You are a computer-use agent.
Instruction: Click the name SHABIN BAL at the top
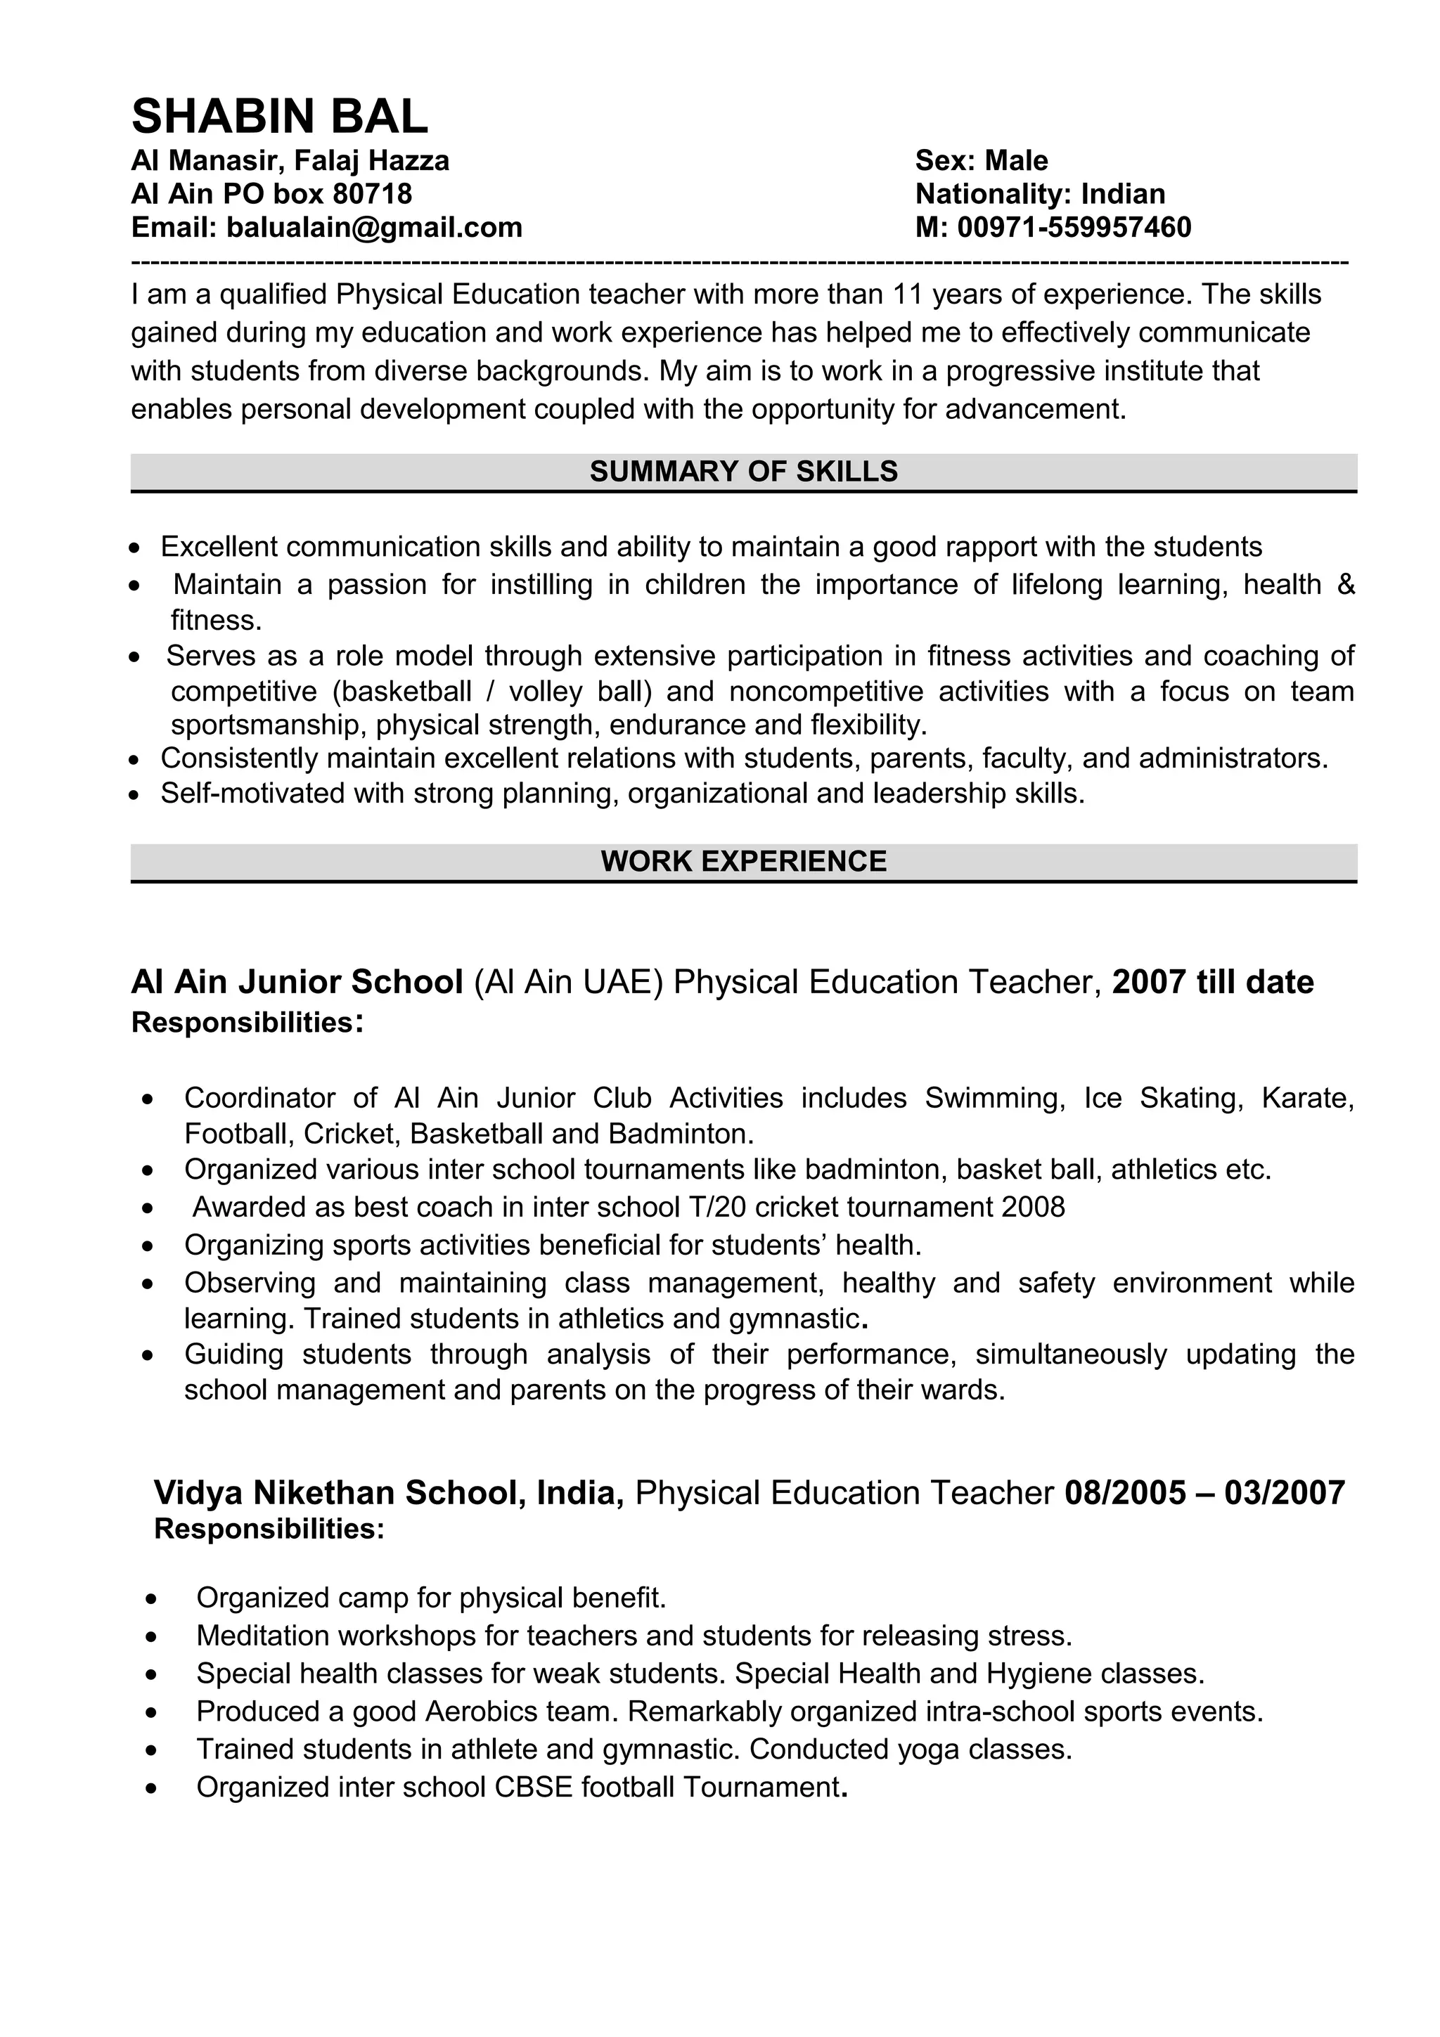point(279,116)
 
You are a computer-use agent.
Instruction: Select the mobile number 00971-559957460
point(1074,228)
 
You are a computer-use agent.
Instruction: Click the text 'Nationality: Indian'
point(1040,194)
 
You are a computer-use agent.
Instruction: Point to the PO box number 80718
point(372,194)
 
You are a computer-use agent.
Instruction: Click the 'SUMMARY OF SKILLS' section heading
point(743,472)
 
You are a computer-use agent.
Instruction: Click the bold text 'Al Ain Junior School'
point(297,982)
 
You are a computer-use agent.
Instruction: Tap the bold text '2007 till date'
point(1212,982)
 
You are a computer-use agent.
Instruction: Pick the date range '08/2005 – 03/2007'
point(1204,1493)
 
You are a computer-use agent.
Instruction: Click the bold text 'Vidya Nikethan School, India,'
point(390,1493)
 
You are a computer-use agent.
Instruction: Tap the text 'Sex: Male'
point(982,160)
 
